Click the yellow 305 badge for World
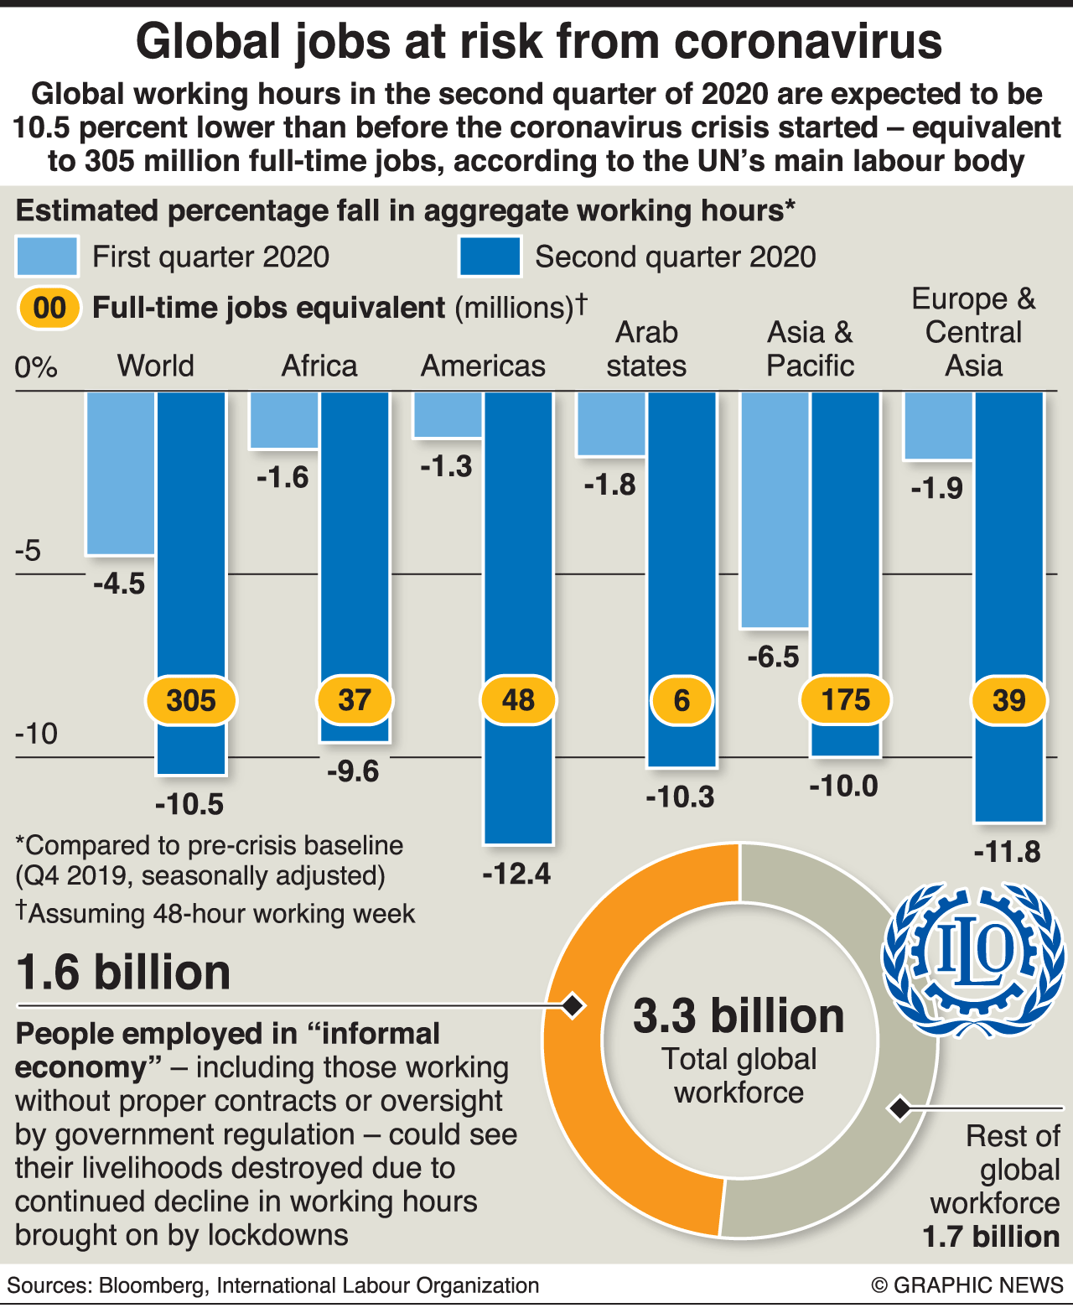[x=191, y=700]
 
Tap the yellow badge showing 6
[x=682, y=700]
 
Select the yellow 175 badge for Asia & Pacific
[x=845, y=700]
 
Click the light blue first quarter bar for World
[x=121, y=473]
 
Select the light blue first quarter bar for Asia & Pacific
[x=775, y=510]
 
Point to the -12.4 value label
[x=516, y=874]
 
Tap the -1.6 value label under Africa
[x=283, y=477]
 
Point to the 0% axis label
[x=36, y=367]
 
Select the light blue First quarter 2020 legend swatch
[x=47, y=257]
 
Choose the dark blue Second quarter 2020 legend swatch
[x=490, y=257]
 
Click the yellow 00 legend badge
[x=49, y=308]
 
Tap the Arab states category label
[x=646, y=349]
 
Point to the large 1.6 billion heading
[x=123, y=973]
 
